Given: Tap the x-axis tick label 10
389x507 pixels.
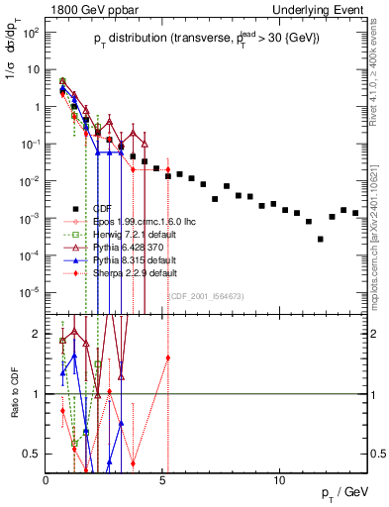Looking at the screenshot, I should point(280,480).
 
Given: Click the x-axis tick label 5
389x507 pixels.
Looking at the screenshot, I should point(163,480).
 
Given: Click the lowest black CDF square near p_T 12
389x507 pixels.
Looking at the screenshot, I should point(320,239).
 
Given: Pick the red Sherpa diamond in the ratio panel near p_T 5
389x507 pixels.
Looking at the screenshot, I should point(168,357).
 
